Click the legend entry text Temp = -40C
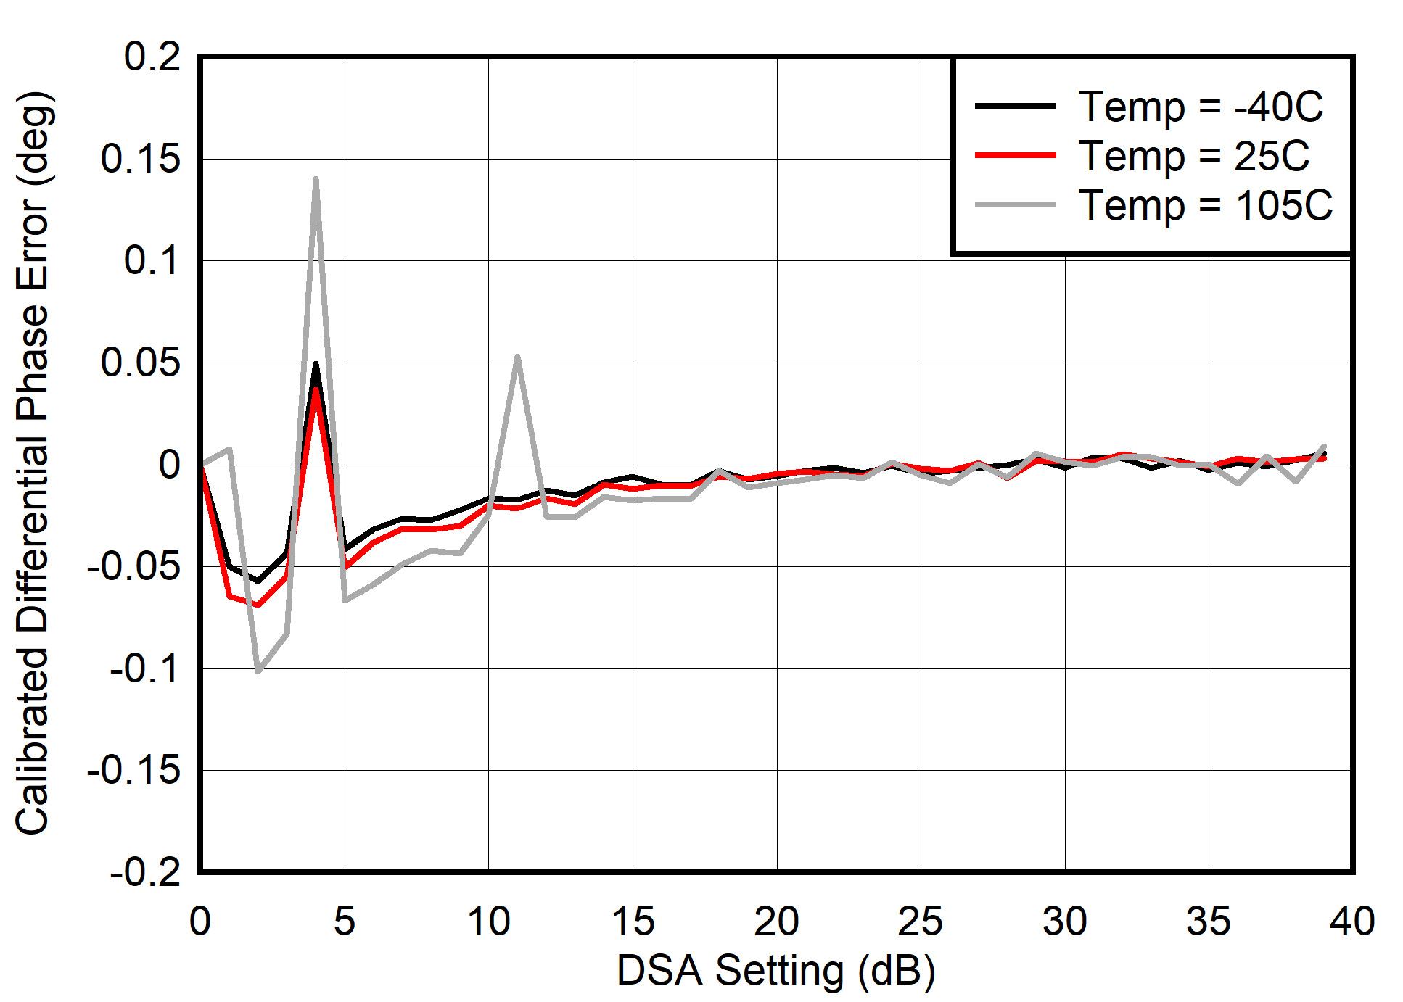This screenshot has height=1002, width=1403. pyautogui.click(x=1201, y=107)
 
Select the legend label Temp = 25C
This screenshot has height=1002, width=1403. pyautogui.click(x=1194, y=156)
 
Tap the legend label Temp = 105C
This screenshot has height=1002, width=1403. pyautogui.click(x=1205, y=205)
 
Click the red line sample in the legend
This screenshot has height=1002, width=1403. pyautogui.click(x=1015, y=155)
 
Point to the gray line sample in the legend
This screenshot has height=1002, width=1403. pyautogui.click(x=1015, y=205)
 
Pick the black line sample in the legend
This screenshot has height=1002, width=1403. pyautogui.click(x=1015, y=106)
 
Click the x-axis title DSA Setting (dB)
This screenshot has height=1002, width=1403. pyautogui.click(x=775, y=971)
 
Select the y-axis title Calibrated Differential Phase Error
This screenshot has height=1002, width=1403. pyautogui.click(x=33, y=464)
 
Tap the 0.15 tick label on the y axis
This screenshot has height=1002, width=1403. pyautogui.click(x=140, y=159)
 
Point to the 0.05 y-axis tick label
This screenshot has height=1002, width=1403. pyautogui.click(x=140, y=363)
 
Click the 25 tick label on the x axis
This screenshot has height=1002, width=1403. pyautogui.click(x=920, y=922)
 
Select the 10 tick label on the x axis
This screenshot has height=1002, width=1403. pyautogui.click(x=488, y=922)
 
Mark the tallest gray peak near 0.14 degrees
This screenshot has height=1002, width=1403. pyautogui.click(x=316, y=179)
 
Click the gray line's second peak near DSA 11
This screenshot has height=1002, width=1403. pyautogui.click(x=517, y=357)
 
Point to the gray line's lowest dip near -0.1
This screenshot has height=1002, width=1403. pyautogui.click(x=258, y=671)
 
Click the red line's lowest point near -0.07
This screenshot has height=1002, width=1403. pyautogui.click(x=258, y=604)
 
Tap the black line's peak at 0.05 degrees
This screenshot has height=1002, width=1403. pyautogui.click(x=316, y=365)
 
